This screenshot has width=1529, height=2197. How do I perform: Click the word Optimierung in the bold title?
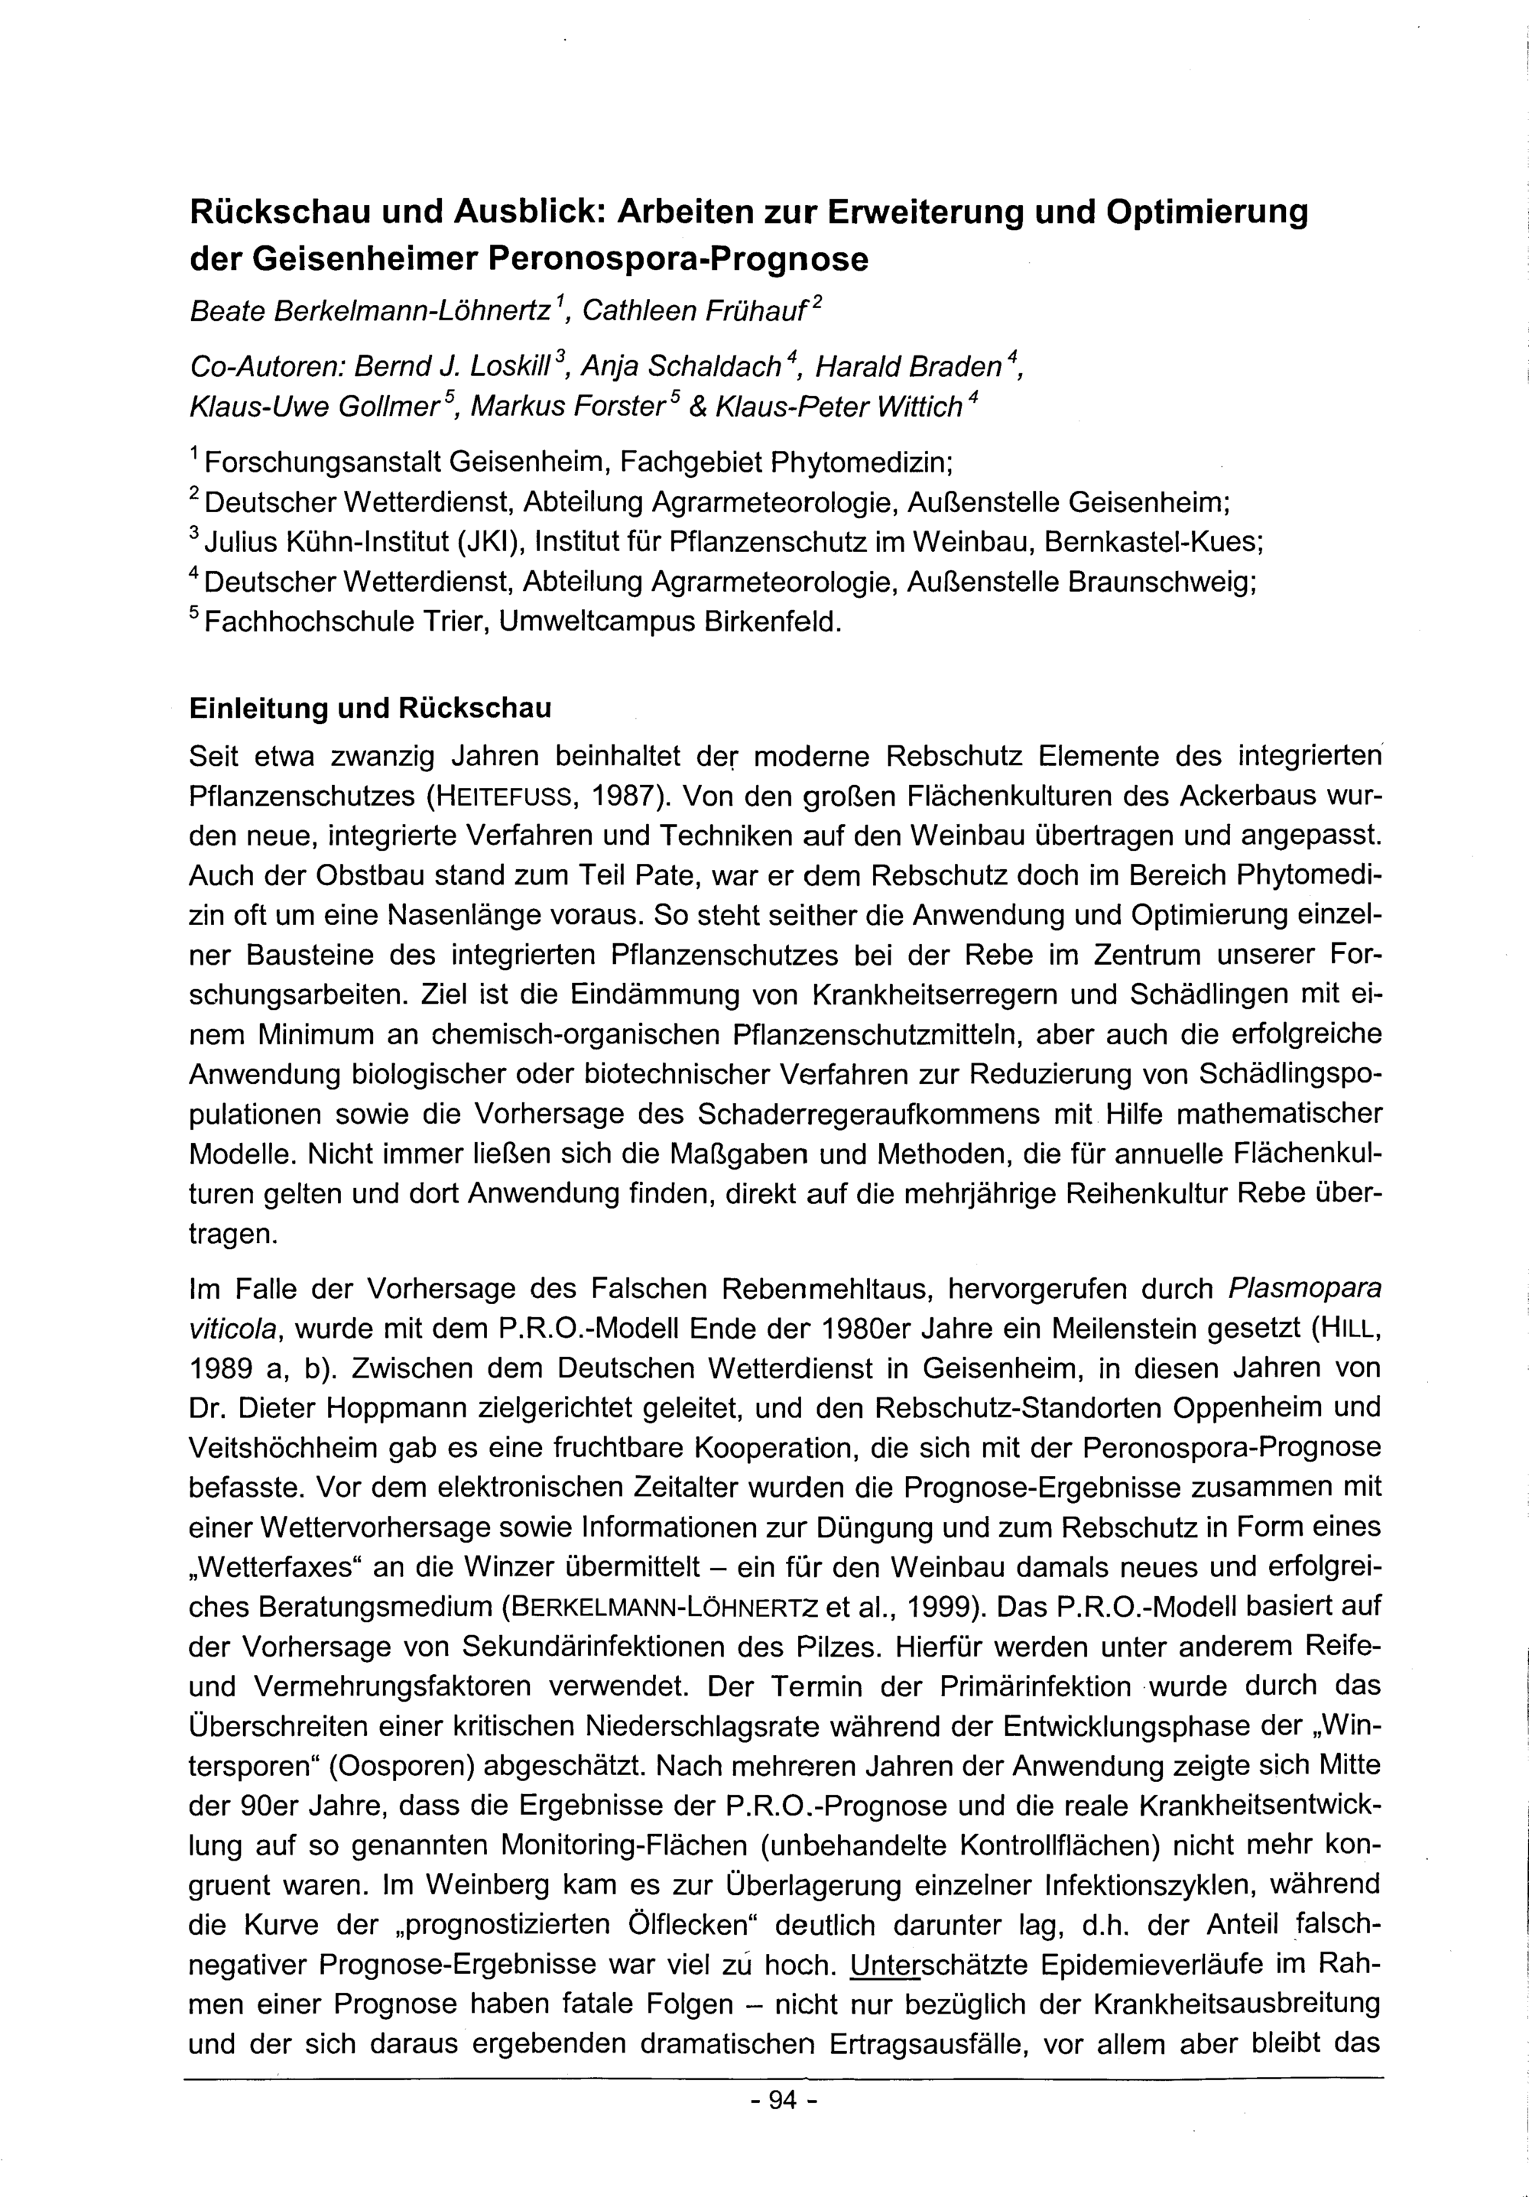click(x=1206, y=213)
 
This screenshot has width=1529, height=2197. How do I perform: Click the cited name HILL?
click(x=1346, y=1329)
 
